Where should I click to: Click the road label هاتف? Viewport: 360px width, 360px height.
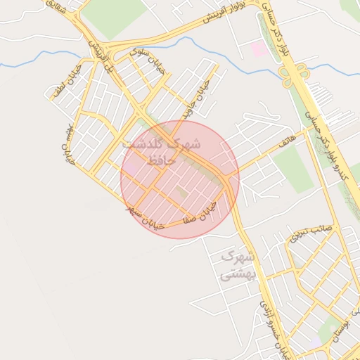point(286,142)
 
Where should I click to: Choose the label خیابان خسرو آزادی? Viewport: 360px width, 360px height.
point(274,328)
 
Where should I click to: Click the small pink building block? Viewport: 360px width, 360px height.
point(259,49)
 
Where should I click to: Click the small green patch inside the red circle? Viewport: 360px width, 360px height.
point(182,191)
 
